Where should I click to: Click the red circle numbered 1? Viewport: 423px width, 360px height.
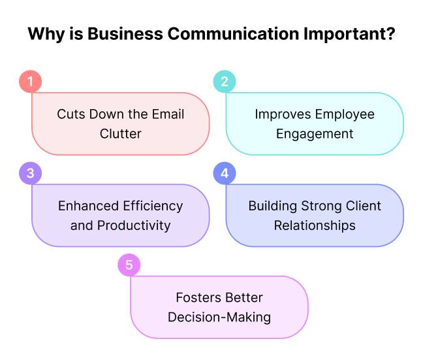[30, 82]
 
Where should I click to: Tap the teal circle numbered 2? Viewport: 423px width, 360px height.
[225, 82]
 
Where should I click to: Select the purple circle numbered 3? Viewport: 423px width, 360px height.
[30, 174]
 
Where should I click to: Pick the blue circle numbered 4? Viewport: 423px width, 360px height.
[225, 174]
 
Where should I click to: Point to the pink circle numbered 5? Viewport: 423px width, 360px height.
[129, 265]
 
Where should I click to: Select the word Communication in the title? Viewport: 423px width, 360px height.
[221, 34]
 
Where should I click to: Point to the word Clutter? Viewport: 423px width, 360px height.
[121, 134]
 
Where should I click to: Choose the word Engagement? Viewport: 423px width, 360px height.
[315, 134]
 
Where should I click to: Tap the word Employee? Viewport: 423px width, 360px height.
[345, 114]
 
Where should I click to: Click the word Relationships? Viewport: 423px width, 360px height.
[315, 225]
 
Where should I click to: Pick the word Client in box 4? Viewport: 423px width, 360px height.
[363, 206]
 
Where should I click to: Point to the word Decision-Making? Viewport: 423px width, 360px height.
[219, 318]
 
